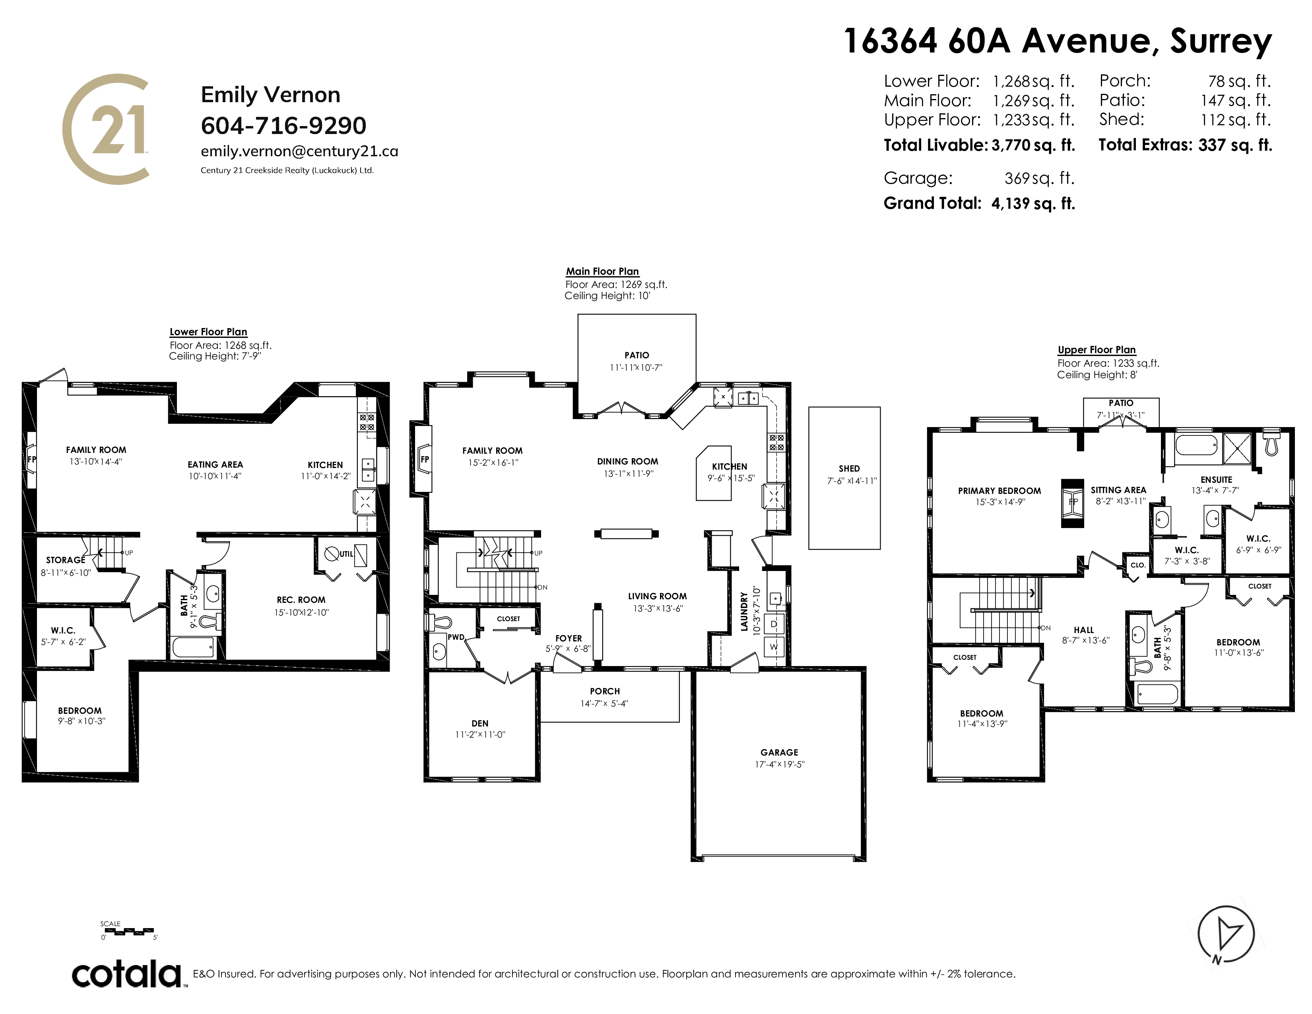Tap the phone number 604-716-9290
point(283,126)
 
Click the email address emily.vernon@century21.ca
point(299,152)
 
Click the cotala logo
point(128,974)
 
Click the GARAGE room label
point(779,752)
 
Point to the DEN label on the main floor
point(480,723)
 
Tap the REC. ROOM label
point(301,600)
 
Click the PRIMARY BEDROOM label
point(1000,491)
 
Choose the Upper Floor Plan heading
point(1097,350)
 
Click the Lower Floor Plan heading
point(208,332)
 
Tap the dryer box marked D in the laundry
point(774,624)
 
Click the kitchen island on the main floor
point(714,473)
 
